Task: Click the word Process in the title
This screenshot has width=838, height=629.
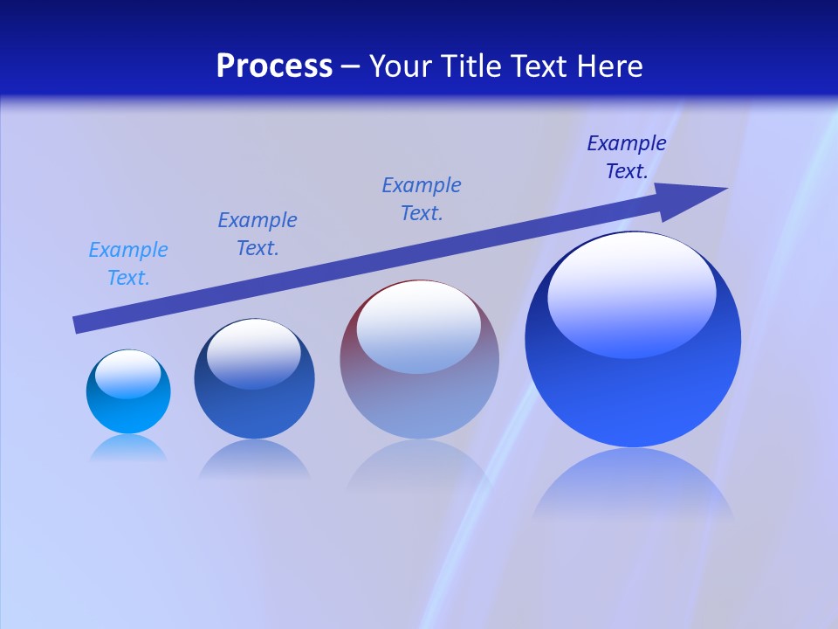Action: (x=274, y=66)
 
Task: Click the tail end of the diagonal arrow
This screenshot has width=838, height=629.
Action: (x=79, y=324)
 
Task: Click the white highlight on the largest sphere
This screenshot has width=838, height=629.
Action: (x=631, y=293)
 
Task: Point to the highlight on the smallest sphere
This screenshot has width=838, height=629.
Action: (x=127, y=374)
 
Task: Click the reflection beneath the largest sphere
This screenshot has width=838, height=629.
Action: (x=633, y=485)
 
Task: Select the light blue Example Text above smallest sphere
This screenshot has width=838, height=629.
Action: (x=128, y=264)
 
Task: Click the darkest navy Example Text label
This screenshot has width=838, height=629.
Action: (x=627, y=157)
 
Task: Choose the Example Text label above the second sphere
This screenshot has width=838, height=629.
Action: (x=258, y=234)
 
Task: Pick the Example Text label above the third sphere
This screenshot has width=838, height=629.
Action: (x=422, y=199)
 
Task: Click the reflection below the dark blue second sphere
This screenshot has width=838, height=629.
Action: (x=254, y=459)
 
